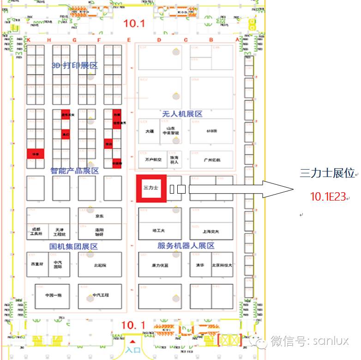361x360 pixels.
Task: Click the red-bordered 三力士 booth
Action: (151, 188)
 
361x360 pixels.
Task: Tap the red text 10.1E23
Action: (328, 197)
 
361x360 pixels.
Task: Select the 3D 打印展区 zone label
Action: (75, 66)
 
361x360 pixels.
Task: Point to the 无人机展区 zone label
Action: (182, 114)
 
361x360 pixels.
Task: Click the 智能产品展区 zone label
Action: (74, 171)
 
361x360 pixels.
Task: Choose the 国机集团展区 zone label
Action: (74, 247)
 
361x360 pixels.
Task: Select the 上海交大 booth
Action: (211, 232)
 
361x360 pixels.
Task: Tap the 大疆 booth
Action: (149, 131)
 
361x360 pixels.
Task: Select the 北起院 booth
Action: (100, 265)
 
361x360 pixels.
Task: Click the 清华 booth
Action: (199, 265)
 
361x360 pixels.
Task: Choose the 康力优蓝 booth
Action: (160, 265)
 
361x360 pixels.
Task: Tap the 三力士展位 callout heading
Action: (327, 173)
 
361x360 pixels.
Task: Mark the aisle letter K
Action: (29, 40)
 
